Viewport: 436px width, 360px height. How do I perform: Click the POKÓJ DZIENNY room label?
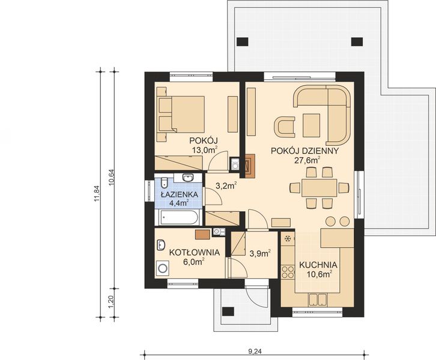tap(306, 151)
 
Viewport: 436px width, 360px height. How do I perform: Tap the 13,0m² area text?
tap(204, 151)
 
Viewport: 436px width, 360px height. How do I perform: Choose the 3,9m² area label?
tap(259, 253)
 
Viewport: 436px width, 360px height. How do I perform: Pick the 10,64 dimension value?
tap(112, 177)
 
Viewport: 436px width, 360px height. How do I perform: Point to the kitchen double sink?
tap(317, 300)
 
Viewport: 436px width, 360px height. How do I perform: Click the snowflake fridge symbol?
tap(288, 239)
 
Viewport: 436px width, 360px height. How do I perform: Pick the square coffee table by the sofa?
tap(312, 125)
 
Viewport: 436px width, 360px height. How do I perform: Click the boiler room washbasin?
tap(161, 245)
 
